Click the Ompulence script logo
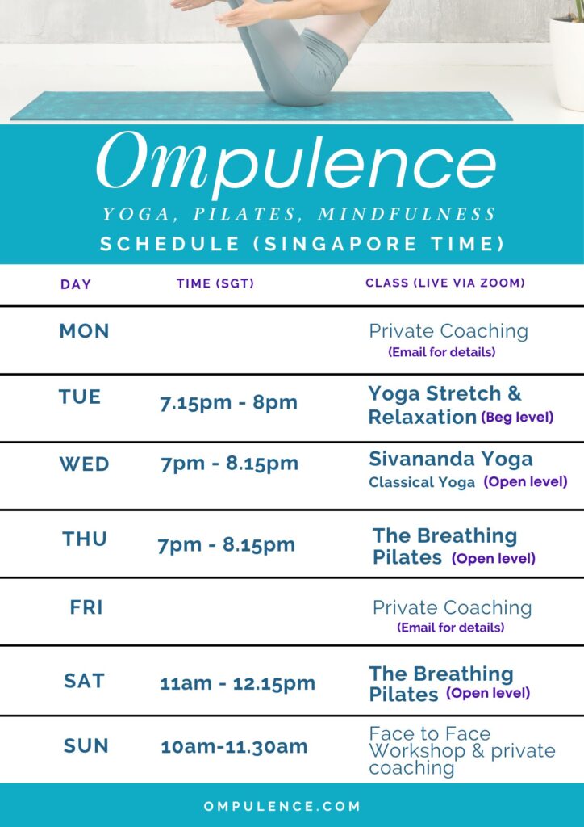[296, 163]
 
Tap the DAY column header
[76, 284]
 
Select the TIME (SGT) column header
[215, 283]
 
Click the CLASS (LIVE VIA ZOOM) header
[445, 283]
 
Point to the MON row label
[84, 331]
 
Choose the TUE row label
[80, 397]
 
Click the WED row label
[84, 464]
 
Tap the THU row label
[85, 539]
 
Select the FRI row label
[86, 607]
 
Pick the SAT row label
[84, 681]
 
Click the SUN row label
[86, 745]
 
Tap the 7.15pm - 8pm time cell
[228, 403]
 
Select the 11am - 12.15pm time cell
[237, 683]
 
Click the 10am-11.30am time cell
[234, 747]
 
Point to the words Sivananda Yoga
[451, 460]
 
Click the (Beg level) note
[517, 418]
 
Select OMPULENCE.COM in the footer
[282, 807]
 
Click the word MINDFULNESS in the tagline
[407, 214]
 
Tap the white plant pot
[567, 63]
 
